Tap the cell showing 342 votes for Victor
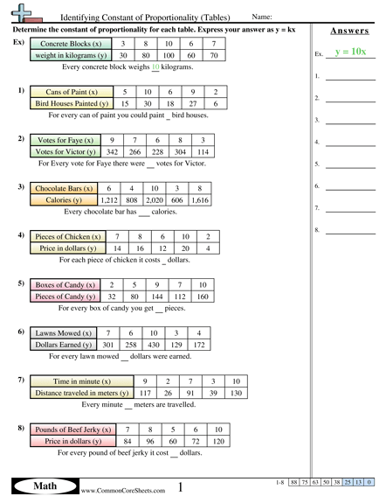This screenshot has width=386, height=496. click(x=112, y=151)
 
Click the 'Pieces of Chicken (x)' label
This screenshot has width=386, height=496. click(x=67, y=236)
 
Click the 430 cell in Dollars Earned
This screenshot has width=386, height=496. click(x=154, y=346)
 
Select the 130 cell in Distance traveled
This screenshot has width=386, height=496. click(x=235, y=394)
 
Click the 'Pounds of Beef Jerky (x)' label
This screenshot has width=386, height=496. click(x=72, y=430)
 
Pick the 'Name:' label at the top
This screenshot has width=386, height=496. click(x=261, y=17)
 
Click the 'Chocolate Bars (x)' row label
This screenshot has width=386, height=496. click(x=64, y=187)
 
